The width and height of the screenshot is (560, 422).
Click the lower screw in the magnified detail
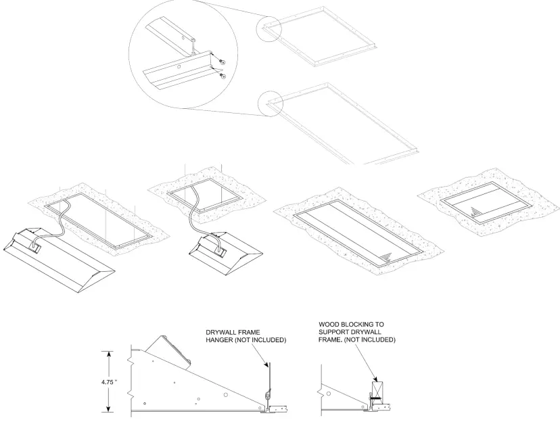tap(224, 75)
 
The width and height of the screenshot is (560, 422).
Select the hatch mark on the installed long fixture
tap(386, 258)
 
